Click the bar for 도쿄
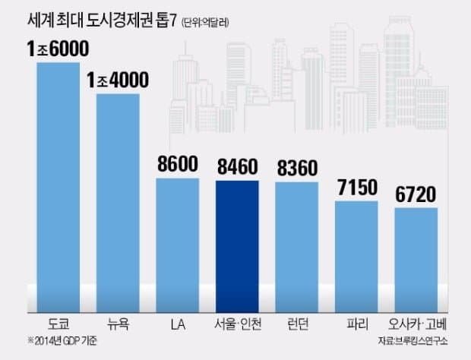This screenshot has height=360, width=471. [58, 188]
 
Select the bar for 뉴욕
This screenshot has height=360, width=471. [118, 204]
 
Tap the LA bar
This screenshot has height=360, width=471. [178, 245]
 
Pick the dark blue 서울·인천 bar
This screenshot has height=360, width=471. [237, 247]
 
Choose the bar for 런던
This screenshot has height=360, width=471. [297, 248]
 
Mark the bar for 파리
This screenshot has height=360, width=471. [356, 257]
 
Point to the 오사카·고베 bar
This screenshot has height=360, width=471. [416, 261]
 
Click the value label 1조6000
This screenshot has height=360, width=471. [58, 49]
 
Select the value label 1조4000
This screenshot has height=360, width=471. [118, 80]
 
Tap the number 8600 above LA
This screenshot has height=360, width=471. [178, 164]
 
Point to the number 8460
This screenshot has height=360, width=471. [238, 166]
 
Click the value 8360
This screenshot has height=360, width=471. [297, 168]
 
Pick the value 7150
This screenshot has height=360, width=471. [357, 188]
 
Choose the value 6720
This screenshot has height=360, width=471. [416, 194]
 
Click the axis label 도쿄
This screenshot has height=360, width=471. [58, 324]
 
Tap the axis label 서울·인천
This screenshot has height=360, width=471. [238, 324]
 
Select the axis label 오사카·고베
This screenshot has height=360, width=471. [418, 324]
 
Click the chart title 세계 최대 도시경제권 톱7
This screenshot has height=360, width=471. [102, 21]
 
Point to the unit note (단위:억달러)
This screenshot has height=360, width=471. [205, 23]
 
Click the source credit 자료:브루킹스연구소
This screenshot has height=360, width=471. [413, 341]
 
